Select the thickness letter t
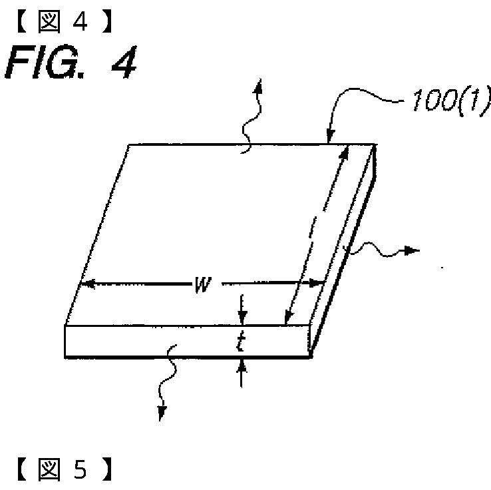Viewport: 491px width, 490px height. pyautogui.click(x=242, y=342)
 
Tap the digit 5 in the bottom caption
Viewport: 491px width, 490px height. pyautogui.click(x=79, y=471)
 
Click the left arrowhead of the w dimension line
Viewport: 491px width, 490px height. pyautogui.click(x=82, y=285)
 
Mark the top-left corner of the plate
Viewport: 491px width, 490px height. pyautogui.click(x=128, y=144)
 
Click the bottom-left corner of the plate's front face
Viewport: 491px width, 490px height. pyautogui.click(x=65, y=358)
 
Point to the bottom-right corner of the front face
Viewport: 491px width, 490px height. pyautogui.click(x=311, y=358)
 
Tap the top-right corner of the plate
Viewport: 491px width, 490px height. pyautogui.click(x=377, y=144)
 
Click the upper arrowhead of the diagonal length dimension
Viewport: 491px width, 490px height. pyautogui.click(x=347, y=150)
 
